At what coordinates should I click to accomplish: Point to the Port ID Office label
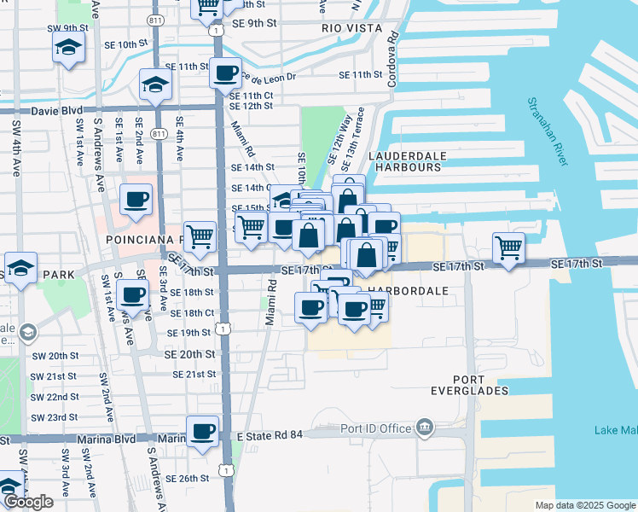click(x=376, y=428)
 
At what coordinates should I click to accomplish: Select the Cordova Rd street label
click(x=392, y=60)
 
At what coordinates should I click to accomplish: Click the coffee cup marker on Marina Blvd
click(x=202, y=431)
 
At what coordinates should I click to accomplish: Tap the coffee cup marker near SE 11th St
click(x=225, y=73)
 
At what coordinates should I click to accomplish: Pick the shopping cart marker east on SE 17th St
click(x=508, y=247)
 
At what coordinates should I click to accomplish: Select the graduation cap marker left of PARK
click(x=20, y=266)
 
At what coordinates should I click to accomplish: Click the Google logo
click(x=28, y=502)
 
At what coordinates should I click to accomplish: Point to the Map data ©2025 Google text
click(x=584, y=505)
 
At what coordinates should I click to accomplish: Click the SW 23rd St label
click(x=55, y=417)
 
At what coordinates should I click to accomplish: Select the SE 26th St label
click(x=188, y=479)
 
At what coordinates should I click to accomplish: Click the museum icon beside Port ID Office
click(x=424, y=428)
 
